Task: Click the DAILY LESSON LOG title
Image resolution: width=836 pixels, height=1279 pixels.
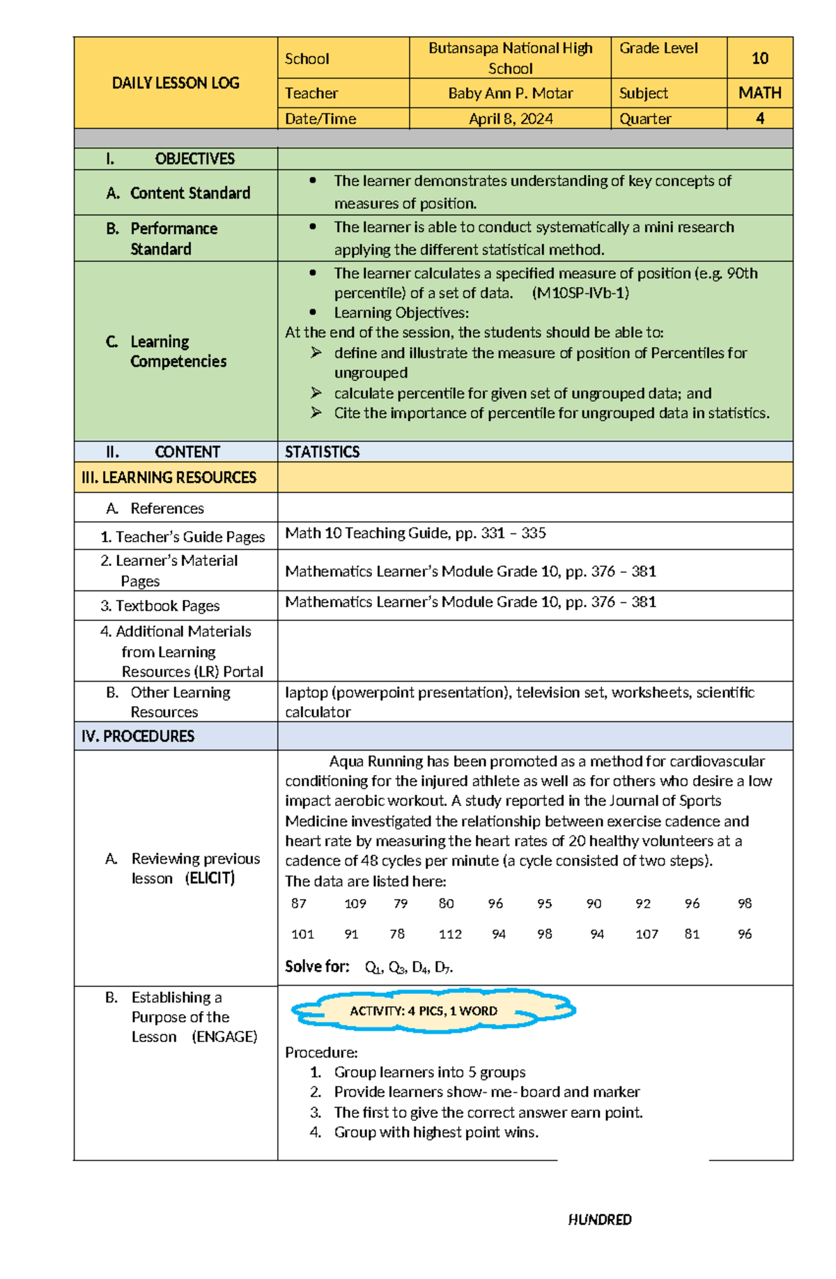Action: point(176,83)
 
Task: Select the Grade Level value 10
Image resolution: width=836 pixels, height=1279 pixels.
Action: point(759,59)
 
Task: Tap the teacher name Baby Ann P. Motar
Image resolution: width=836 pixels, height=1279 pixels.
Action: point(510,93)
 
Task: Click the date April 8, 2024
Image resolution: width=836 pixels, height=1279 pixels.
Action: point(510,119)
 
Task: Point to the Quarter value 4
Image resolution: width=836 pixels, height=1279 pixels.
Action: point(759,119)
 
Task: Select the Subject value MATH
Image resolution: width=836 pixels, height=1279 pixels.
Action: point(759,93)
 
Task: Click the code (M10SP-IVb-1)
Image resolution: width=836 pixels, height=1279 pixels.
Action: point(580,293)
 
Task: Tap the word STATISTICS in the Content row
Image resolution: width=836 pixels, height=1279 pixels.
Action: point(322,452)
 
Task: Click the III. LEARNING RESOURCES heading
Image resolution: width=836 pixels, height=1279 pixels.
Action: point(169,477)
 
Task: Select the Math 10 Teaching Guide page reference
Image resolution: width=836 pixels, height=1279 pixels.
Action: point(415,533)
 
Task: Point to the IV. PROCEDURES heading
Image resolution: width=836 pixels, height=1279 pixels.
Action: point(138,736)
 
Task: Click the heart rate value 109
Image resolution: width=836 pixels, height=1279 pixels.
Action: point(355,903)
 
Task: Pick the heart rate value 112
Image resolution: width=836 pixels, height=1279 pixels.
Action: point(450,934)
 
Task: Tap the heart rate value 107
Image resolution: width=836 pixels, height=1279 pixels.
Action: point(646,934)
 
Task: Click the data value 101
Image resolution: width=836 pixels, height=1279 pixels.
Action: point(302,934)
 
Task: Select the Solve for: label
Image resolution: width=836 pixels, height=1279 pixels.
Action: point(317,967)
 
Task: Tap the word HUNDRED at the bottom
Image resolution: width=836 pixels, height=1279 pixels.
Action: point(599,1219)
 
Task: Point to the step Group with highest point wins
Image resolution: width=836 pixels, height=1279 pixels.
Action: point(436,1132)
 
